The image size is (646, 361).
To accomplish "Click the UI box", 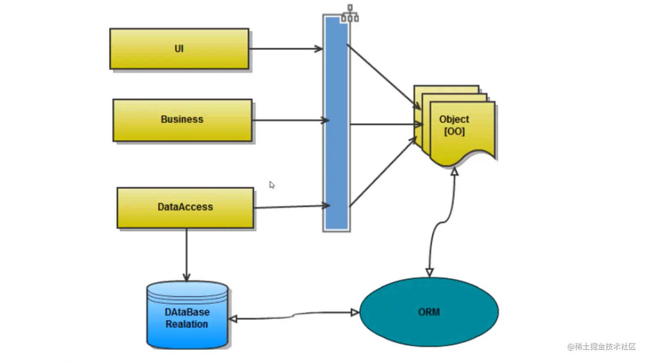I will click(179, 49).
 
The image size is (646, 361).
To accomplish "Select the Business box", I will click(182, 120).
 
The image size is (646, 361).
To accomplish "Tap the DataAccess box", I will click(185, 207).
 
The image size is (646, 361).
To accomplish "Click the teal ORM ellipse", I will click(429, 312).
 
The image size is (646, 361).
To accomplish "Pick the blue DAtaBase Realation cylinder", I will click(187, 316).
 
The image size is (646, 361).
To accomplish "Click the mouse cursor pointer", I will click(272, 185).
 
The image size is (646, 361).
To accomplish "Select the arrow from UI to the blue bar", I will click(285, 49).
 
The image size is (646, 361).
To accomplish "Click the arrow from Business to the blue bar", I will click(291, 120).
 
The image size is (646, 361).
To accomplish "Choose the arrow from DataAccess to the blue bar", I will click(292, 207).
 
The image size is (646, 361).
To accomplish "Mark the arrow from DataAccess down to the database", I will click(186, 255).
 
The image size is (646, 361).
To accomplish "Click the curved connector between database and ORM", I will click(294, 315).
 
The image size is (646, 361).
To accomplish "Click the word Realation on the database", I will click(187, 324).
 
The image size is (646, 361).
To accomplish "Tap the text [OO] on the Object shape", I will click(454, 131).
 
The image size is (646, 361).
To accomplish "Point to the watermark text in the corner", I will click(601, 346).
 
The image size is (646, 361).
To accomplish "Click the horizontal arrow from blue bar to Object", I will click(385, 124).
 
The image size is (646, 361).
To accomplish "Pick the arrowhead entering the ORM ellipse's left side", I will click(355, 313).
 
